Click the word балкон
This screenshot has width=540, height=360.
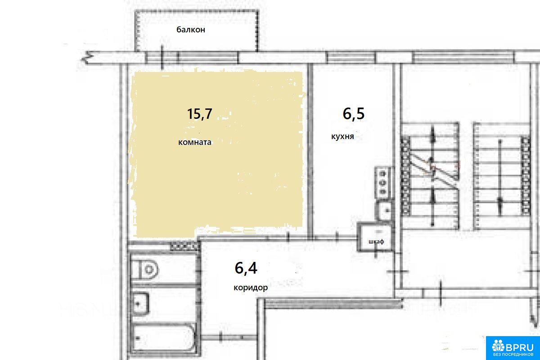(191, 30)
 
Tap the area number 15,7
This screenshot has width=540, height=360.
(200, 114)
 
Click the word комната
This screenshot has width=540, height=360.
(195, 142)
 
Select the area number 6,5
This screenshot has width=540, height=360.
(353, 113)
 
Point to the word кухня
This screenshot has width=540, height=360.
(342, 136)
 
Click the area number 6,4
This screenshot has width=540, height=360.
(246, 268)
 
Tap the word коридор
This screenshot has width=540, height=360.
(251, 288)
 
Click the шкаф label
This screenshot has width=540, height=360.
(376, 241)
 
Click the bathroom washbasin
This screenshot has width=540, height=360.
(140, 303)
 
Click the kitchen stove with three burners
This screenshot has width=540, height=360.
(382, 183)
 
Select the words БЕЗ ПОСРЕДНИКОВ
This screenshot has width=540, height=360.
(513, 355)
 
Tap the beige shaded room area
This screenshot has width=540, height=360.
(217, 154)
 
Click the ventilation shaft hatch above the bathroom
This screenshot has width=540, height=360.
(185, 247)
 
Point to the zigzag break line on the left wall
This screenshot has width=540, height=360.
(87, 58)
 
